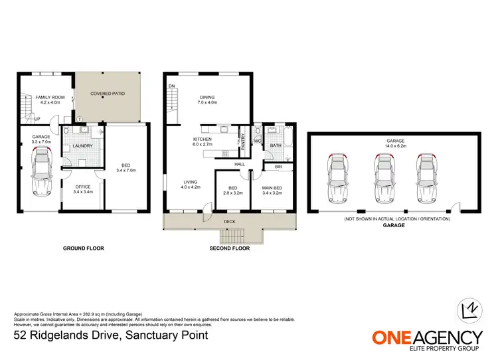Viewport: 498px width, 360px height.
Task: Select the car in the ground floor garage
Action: [x=42, y=171]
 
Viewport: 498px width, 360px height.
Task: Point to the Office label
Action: [x=82, y=189]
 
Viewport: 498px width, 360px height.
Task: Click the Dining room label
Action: [x=207, y=99]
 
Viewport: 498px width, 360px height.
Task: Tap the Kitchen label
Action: [x=203, y=141]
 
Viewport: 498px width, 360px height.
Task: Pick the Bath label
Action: [x=276, y=145]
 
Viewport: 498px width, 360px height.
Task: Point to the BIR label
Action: [x=278, y=167]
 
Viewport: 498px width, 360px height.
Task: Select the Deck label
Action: [x=229, y=222]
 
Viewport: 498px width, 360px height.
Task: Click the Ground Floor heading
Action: [x=84, y=248]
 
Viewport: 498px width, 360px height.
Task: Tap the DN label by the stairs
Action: [x=171, y=86]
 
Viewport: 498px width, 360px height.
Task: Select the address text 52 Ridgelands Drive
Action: [x=111, y=335]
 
